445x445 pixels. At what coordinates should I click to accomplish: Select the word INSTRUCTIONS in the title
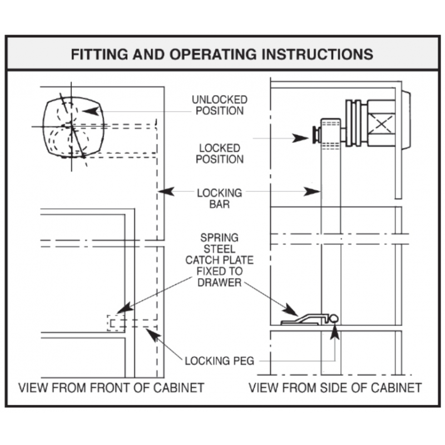[x=318, y=54]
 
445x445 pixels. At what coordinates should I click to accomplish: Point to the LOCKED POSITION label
[x=220, y=154]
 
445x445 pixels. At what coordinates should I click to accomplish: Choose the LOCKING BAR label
[x=220, y=198]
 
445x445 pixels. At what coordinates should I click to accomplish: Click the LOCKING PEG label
[x=219, y=361]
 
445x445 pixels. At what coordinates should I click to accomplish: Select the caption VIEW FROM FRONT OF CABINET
[x=111, y=387]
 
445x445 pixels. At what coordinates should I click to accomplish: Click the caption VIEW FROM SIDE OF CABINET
[x=335, y=387]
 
